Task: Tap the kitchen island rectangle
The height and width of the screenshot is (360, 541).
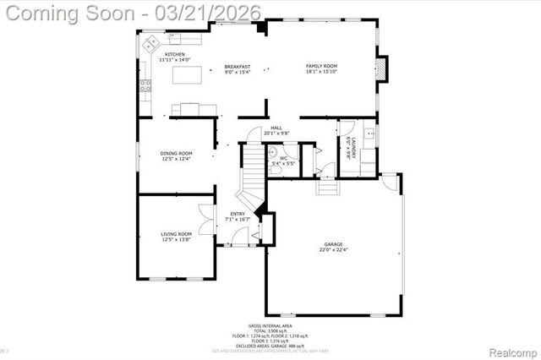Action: [x=189, y=76]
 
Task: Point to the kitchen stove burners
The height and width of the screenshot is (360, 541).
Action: [x=145, y=85]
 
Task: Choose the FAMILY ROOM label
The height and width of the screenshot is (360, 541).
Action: [x=321, y=66]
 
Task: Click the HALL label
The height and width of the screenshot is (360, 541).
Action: [x=276, y=128]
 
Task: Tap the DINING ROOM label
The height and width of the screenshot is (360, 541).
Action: [x=177, y=153]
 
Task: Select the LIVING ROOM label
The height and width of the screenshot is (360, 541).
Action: [x=177, y=233]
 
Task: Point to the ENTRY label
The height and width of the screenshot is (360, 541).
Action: [x=238, y=214]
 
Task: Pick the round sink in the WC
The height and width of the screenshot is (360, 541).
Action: [x=272, y=153]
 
